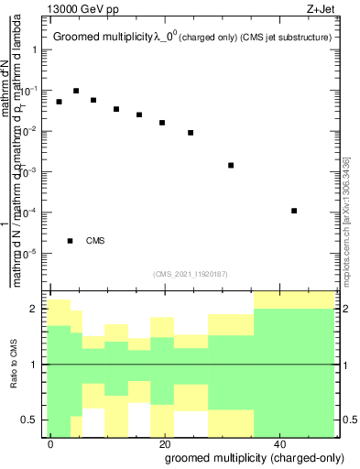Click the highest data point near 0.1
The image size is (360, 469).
click(x=76, y=91)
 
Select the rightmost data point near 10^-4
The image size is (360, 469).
click(x=294, y=211)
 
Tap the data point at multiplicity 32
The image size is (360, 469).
click(x=231, y=166)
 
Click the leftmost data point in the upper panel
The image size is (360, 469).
click(x=59, y=102)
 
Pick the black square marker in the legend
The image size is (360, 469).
click(x=70, y=241)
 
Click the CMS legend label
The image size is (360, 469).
click(x=95, y=241)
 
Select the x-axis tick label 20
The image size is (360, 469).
click(x=164, y=442)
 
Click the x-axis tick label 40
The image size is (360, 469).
click(x=278, y=442)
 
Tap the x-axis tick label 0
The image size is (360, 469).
click(x=50, y=442)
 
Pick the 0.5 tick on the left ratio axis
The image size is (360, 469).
click(x=33, y=420)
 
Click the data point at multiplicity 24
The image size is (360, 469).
click(x=191, y=133)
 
